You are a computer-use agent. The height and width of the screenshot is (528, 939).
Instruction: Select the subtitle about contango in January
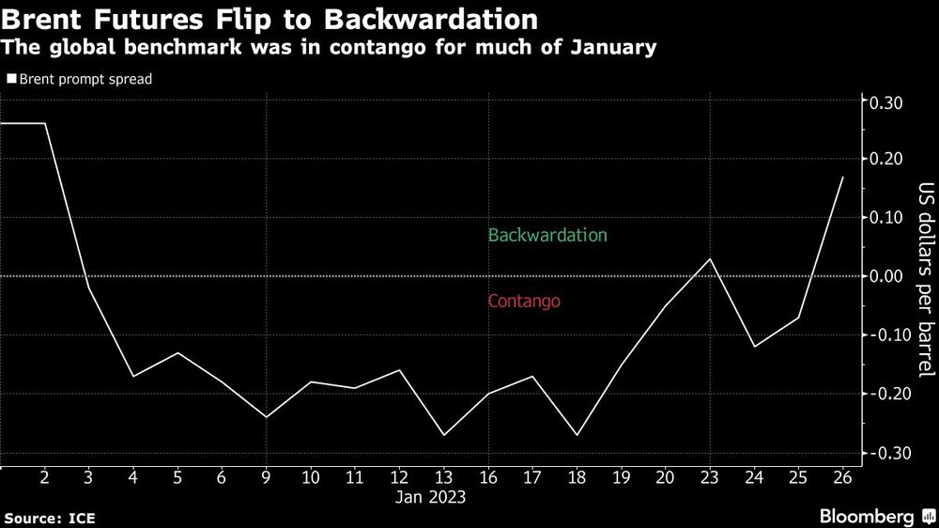(329, 47)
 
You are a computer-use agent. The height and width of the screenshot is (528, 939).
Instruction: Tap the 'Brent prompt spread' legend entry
(80, 80)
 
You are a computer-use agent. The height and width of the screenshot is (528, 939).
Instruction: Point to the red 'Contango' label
(524, 302)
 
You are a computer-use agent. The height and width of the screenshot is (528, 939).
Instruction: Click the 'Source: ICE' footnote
(50, 518)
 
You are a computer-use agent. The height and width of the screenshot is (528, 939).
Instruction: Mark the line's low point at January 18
(577, 435)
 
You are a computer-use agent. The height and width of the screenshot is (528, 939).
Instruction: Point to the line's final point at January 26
(842, 178)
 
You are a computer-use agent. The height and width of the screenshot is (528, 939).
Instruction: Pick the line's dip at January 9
(267, 417)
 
